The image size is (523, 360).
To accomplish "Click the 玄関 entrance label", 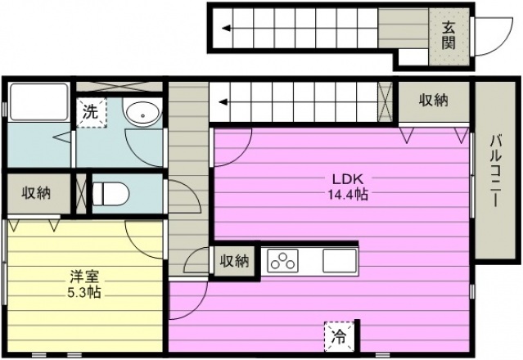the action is [449, 36].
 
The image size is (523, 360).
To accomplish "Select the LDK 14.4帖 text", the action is [348, 187].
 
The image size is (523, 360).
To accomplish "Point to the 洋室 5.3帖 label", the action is [83, 285].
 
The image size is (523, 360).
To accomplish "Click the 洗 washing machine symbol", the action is [91, 112].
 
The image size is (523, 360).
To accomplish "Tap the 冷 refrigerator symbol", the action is [339, 336].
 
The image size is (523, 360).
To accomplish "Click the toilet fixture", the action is [110, 194].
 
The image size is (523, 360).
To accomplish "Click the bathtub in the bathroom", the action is [39, 102].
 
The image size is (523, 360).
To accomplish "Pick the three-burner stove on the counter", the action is [283, 260].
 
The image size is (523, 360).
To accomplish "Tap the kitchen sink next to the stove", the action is [339, 260].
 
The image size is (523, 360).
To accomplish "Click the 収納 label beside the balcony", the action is [434, 100].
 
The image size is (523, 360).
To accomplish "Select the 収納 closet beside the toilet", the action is [36, 193].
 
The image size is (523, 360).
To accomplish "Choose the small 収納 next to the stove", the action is [234, 261].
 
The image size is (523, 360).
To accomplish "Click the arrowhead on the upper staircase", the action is [227, 28].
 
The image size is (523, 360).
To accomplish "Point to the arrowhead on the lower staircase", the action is [223, 101].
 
